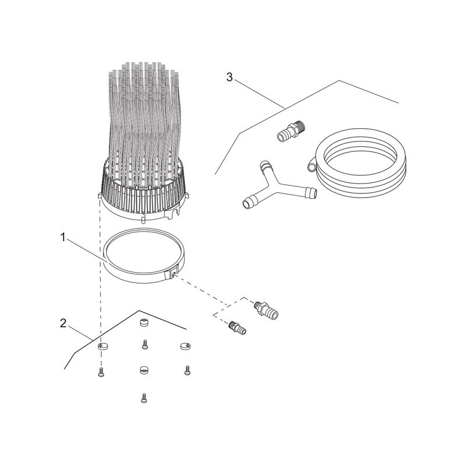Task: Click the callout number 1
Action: click(62, 236)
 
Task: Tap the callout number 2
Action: click(63, 323)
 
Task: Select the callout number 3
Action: click(230, 77)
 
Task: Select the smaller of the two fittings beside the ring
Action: click(238, 328)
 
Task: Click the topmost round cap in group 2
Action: click(144, 323)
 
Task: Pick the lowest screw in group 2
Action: click(143, 399)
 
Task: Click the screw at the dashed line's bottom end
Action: click(101, 372)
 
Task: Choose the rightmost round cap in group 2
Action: click(185, 345)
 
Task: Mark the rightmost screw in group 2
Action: click(187, 370)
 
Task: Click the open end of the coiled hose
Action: click(312, 168)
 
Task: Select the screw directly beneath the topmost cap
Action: click(144, 345)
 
